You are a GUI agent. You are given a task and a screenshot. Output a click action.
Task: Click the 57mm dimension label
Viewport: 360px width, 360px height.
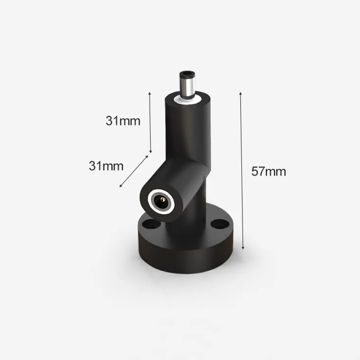(x=269, y=171)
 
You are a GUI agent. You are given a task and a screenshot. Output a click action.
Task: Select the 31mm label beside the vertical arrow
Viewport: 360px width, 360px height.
(x=123, y=121)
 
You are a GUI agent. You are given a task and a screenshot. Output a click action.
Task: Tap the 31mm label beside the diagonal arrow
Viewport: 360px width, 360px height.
(x=106, y=166)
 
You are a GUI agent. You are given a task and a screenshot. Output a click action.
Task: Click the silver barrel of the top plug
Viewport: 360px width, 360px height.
(x=188, y=87)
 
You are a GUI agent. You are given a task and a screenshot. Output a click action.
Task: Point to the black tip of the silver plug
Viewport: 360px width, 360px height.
(x=188, y=74)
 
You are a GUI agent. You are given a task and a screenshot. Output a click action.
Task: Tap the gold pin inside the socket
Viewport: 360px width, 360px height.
(x=162, y=199)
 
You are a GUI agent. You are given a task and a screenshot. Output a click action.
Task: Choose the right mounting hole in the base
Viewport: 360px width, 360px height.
(x=220, y=224)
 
